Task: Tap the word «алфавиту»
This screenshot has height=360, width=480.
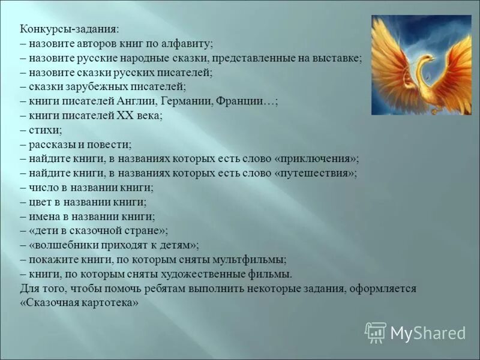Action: tap(186, 44)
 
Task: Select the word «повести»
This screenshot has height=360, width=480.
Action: tap(111, 145)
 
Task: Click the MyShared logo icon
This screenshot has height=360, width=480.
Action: tap(376, 332)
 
